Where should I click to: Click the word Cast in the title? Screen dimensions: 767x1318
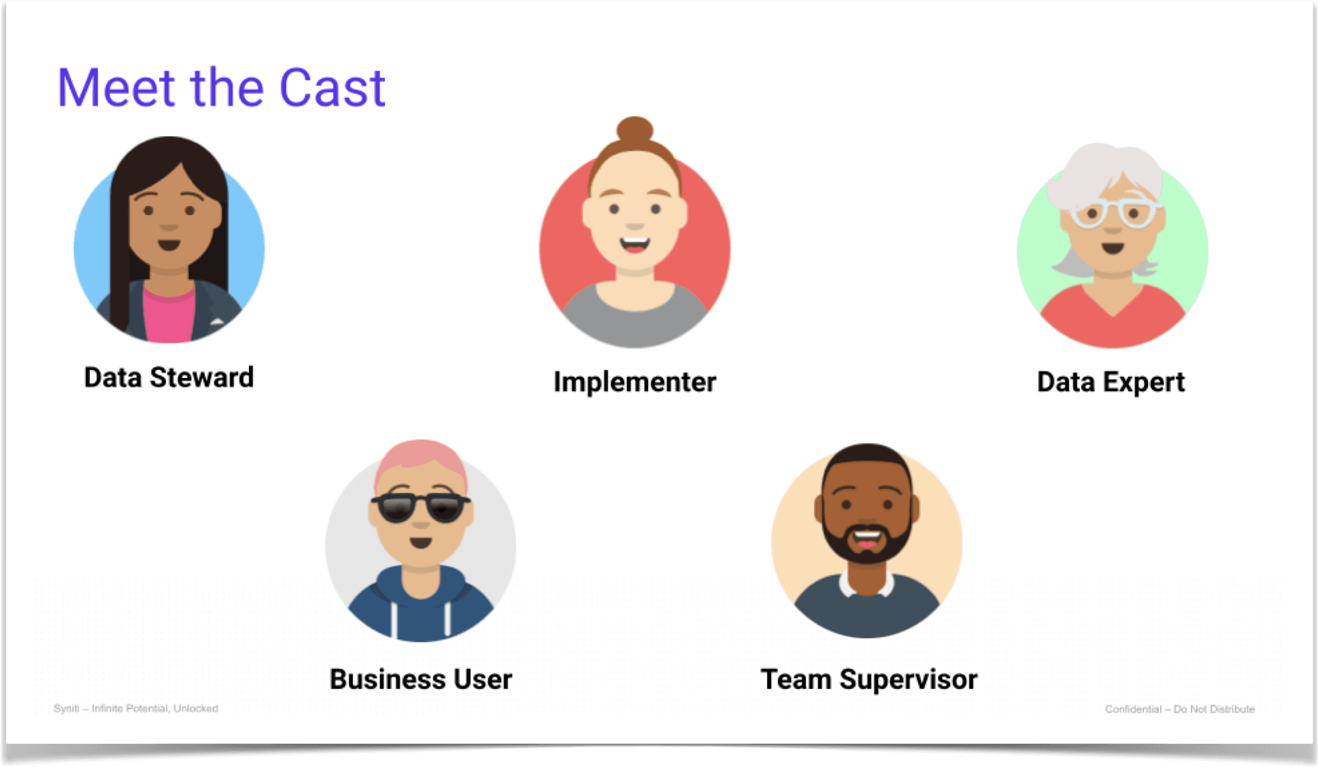pos(332,88)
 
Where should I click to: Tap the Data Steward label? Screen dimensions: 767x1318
pos(169,377)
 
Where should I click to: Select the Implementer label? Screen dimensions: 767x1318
pos(635,382)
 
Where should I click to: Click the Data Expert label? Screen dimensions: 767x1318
pos(1111,382)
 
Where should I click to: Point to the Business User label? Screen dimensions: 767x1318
pos(420,679)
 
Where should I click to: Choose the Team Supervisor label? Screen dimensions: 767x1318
pos(868,679)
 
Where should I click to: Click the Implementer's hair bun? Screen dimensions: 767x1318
pos(635,129)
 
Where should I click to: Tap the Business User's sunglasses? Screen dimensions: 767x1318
pos(420,507)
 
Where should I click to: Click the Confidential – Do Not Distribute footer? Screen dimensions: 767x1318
pos(1179,709)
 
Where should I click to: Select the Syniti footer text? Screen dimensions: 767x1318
pos(135,709)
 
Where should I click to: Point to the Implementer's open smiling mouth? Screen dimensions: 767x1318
pos(635,243)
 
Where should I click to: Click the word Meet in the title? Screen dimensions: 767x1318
pos(116,88)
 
